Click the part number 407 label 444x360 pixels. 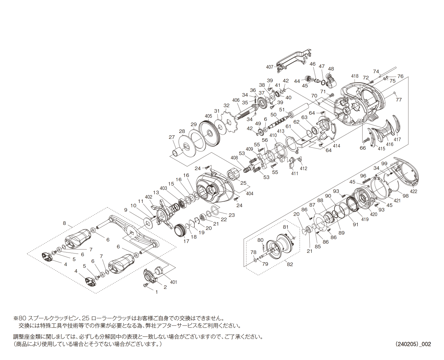point(270,67)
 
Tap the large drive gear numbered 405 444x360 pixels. point(210,134)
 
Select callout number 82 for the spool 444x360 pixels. point(290,264)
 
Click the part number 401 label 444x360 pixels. point(173,282)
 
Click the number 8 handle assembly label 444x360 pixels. point(64,223)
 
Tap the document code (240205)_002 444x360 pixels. point(413,344)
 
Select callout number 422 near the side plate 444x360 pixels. point(414,192)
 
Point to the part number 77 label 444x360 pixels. point(398,100)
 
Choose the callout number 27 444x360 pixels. point(172,137)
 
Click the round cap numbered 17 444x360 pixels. point(180,231)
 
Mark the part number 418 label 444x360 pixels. point(355,76)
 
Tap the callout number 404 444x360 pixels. point(250,194)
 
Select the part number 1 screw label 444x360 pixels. point(156,292)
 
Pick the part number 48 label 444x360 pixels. point(331,69)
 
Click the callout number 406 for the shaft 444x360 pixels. point(236,100)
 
